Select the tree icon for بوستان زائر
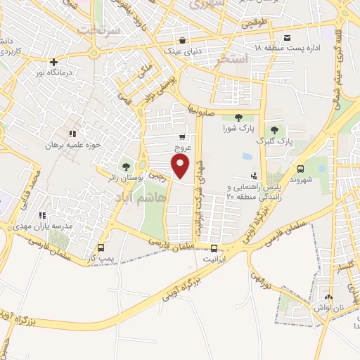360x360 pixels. tap(126, 167)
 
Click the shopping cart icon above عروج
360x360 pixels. tap(183, 137)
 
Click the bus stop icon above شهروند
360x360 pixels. tap(301, 169)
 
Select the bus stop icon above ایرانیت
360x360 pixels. tap(214, 247)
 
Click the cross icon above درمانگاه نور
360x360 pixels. tap(53, 63)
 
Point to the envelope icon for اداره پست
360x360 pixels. tap(287, 37)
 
